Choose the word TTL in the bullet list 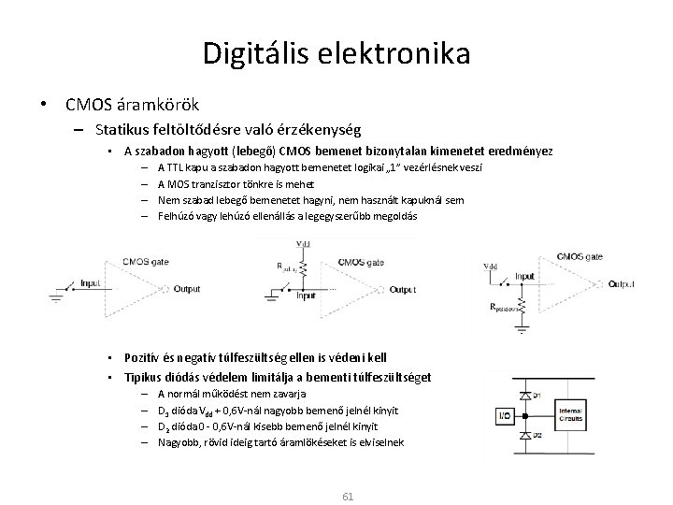tap(177, 166)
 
